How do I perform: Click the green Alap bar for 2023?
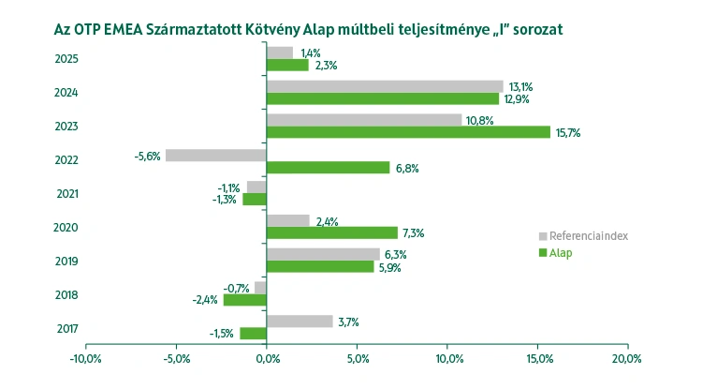click(408, 132)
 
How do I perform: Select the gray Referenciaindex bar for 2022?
click(215, 155)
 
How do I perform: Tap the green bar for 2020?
click(332, 232)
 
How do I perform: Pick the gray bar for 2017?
click(300, 322)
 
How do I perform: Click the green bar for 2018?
click(244, 300)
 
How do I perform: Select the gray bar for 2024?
click(385, 86)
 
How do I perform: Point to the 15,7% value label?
click(568, 133)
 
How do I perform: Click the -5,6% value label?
click(148, 156)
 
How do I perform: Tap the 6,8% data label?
click(406, 168)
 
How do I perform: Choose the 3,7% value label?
click(349, 322)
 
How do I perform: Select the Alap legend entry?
click(561, 252)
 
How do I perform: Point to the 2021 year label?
click(66, 194)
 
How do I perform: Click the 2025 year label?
click(66, 59)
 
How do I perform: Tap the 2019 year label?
click(66, 262)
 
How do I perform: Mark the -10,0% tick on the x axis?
click(86, 358)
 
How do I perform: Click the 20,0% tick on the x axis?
click(626, 358)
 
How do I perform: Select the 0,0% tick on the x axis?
click(267, 358)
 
